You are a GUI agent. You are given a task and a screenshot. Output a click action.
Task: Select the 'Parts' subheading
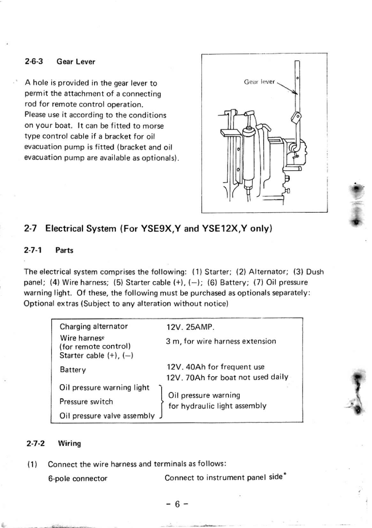coord(64,251)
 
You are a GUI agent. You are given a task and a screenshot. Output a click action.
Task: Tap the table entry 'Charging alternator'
coord(94,326)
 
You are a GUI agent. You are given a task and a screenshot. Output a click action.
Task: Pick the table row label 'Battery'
coord(73,369)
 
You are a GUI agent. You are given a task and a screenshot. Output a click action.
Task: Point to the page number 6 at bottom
coord(176,505)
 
